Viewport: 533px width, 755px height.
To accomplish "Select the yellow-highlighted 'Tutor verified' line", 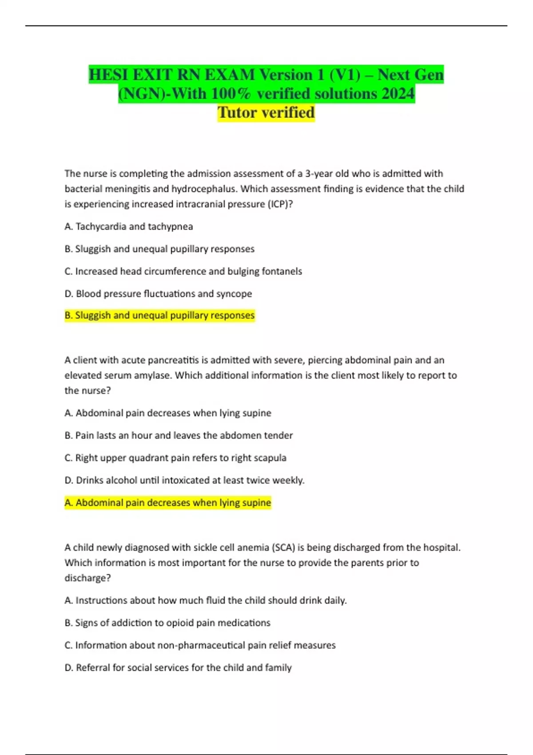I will [x=266, y=112].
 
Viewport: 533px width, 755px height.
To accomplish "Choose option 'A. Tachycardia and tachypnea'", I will [x=129, y=226].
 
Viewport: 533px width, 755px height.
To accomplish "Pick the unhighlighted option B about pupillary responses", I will [x=159, y=249].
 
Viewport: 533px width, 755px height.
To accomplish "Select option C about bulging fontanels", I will [x=183, y=271].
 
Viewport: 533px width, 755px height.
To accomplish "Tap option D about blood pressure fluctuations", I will [x=158, y=294].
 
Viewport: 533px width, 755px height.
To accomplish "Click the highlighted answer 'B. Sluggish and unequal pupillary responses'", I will [x=159, y=315].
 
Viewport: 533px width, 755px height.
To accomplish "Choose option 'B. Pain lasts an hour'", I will [x=179, y=435].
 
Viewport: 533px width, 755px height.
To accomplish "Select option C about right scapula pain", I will [x=175, y=458].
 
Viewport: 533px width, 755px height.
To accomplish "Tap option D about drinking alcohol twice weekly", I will [x=184, y=480].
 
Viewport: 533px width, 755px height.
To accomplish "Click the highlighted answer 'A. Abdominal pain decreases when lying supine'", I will [x=167, y=503].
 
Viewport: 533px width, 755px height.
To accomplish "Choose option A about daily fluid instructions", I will [x=206, y=600].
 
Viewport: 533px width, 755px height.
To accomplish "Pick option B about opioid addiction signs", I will [x=167, y=623].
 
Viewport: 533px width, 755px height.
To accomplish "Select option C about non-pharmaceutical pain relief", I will [x=200, y=645].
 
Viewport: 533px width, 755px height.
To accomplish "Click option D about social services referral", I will [x=178, y=668].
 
